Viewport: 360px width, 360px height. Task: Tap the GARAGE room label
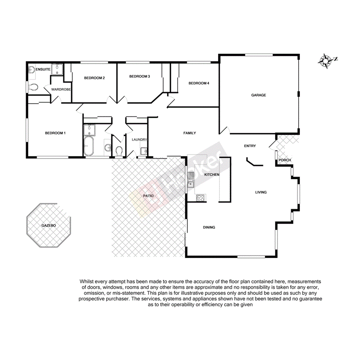coord(258,95)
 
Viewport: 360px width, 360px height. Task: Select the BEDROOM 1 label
coord(55,133)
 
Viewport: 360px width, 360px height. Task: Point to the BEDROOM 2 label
coord(95,78)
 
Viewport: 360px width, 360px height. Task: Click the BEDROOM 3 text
coord(139,76)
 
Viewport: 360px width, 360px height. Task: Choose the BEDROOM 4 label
coord(199,83)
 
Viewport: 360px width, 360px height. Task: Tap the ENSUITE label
coord(43,70)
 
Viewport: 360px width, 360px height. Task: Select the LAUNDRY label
coord(140,140)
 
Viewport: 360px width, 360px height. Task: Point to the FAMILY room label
coord(189,133)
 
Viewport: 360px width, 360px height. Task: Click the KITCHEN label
coord(212,175)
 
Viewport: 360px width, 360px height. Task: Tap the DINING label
coord(209,228)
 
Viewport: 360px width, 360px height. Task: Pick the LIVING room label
coord(261,192)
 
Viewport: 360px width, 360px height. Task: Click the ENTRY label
coord(250,146)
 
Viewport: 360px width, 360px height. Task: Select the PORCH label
coord(285,160)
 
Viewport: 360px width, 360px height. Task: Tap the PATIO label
coord(149,196)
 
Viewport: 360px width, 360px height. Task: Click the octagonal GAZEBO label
coord(49,225)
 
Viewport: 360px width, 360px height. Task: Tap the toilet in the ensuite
coord(33,87)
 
